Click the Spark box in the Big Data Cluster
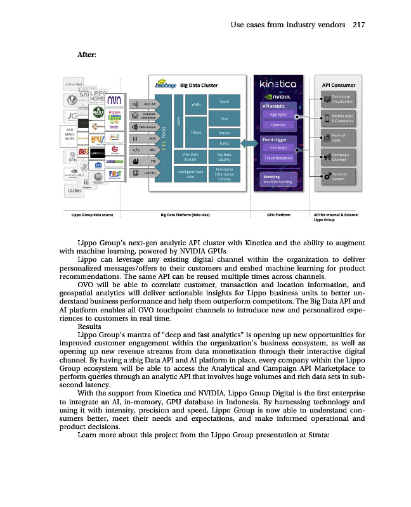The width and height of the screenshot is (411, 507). coord(224,101)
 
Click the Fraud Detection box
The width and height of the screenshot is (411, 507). coord(278,158)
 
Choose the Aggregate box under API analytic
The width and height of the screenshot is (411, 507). coord(278,115)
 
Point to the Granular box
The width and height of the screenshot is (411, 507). coord(278,125)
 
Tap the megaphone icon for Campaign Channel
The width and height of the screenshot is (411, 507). coord(327,157)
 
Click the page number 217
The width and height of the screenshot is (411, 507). coord(358,25)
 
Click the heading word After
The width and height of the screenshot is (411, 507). coord(86,56)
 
